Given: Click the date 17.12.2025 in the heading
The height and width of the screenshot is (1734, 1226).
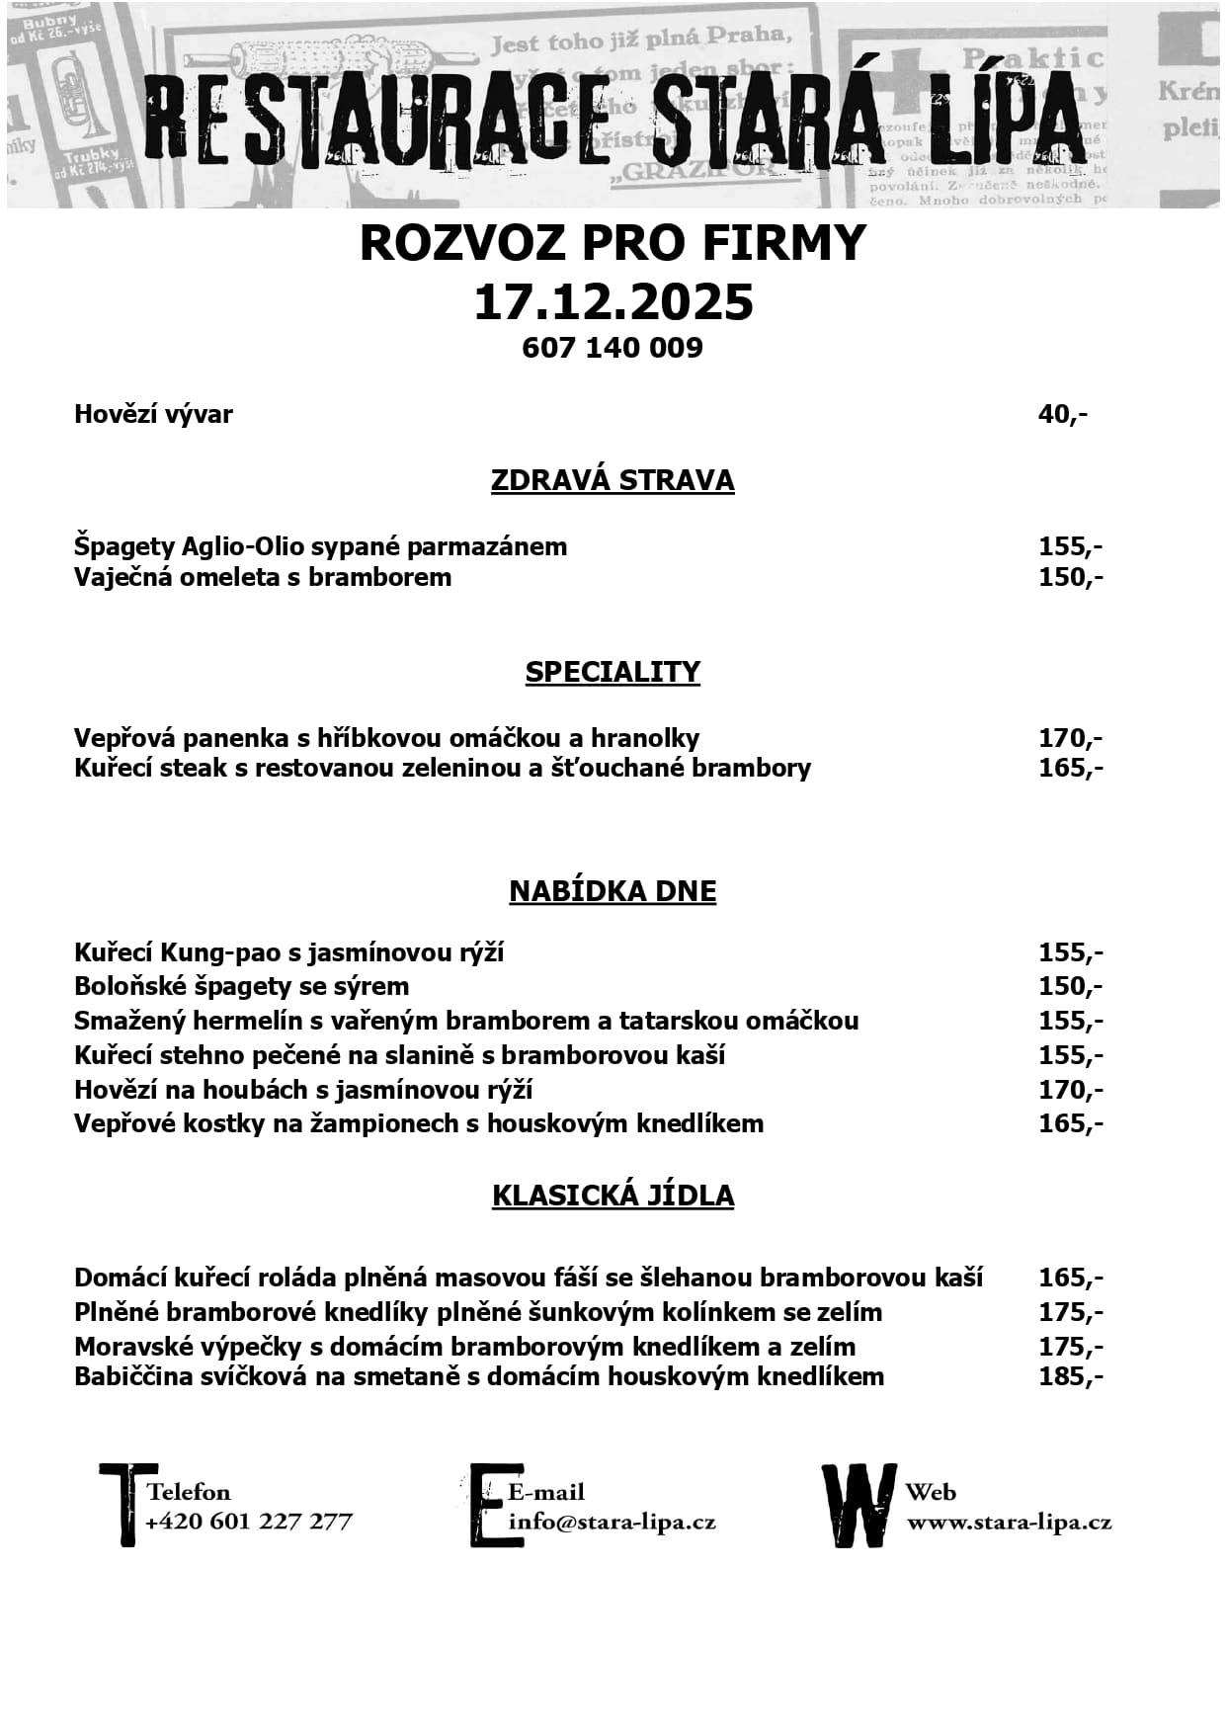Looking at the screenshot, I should pyautogui.click(x=613, y=302).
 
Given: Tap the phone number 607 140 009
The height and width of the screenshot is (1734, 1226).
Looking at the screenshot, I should pyautogui.click(x=613, y=348).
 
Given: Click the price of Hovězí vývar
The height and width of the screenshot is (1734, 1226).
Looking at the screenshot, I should pyautogui.click(x=1062, y=414).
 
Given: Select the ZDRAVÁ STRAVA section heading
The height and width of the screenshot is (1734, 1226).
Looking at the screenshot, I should pyautogui.click(x=613, y=480).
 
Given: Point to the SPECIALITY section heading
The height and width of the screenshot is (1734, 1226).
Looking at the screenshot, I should pyautogui.click(x=613, y=672).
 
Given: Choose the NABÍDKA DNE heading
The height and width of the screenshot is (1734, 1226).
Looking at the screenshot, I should pyautogui.click(x=613, y=891).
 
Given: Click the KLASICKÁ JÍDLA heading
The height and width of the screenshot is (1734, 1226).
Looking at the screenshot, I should pyautogui.click(x=613, y=1196).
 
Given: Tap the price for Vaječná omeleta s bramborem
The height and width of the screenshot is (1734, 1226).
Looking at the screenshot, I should pyautogui.click(x=1070, y=577).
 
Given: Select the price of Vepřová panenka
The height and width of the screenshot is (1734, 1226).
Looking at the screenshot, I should pyautogui.click(x=1070, y=738).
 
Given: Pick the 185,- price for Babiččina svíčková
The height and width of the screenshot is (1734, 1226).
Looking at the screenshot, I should pyautogui.click(x=1070, y=1376).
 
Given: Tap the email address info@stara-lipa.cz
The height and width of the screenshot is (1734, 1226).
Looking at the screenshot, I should pyautogui.click(x=612, y=1522).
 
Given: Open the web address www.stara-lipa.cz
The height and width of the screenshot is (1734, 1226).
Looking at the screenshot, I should pyautogui.click(x=1009, y=1522).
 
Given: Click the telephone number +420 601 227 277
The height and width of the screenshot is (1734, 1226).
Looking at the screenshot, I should pyautogui.click(x=249, y=1522).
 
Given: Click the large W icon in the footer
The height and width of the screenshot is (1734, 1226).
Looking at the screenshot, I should pyautogui.click(x=858, y=1505).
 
